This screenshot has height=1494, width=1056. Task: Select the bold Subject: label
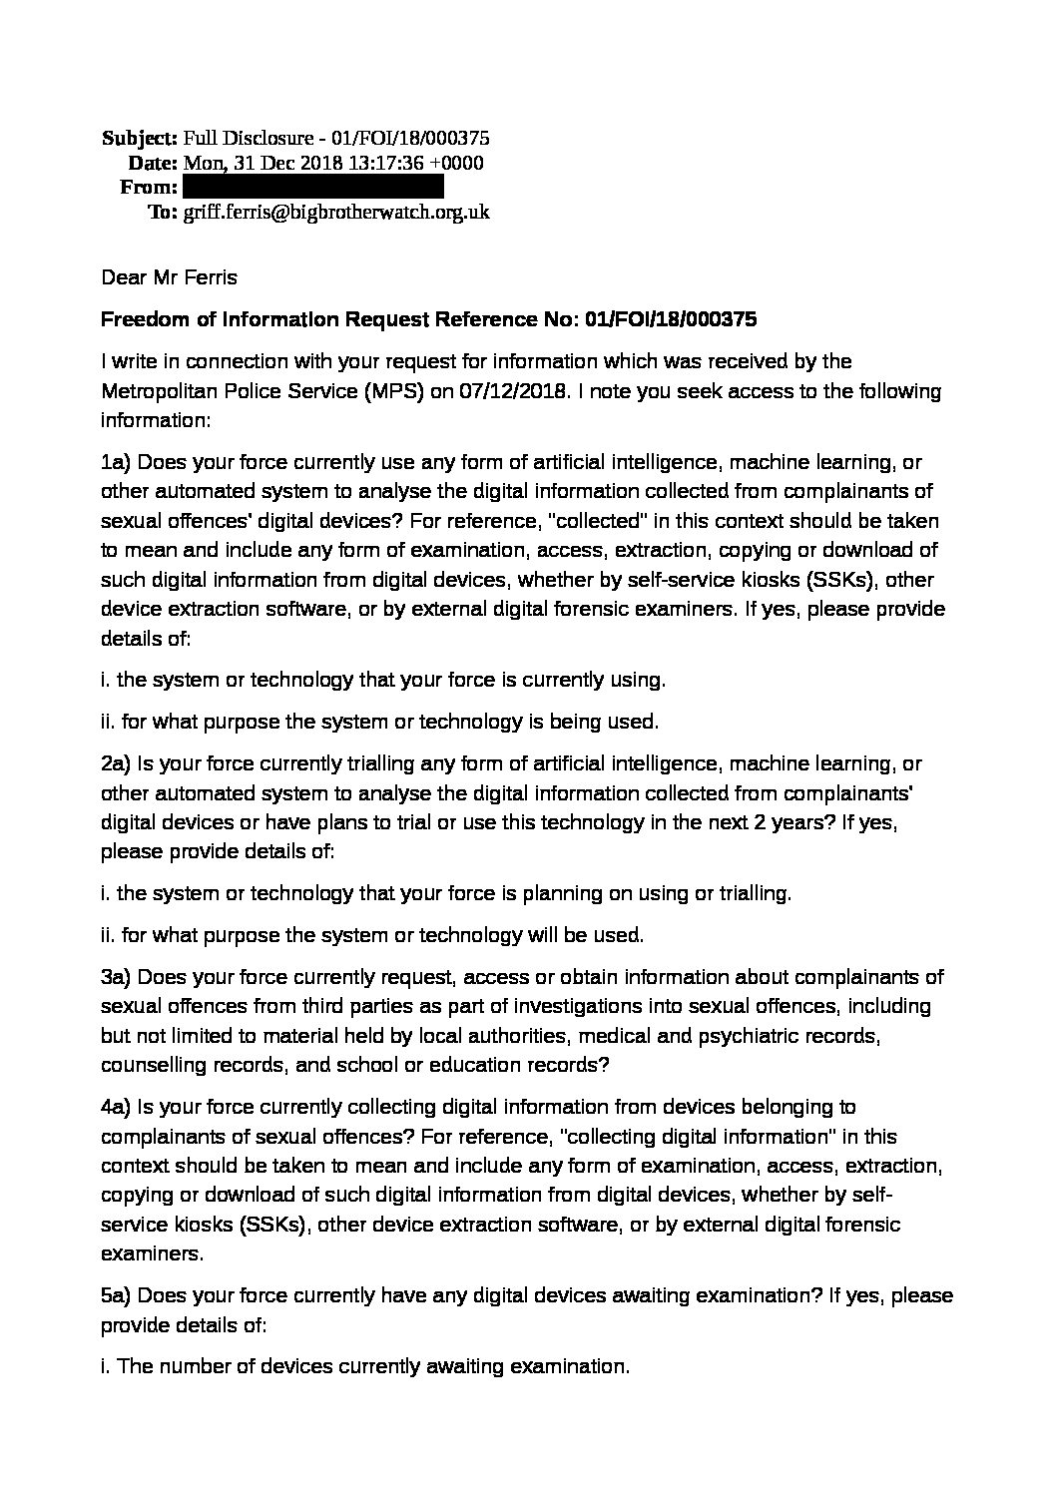coord(140,139)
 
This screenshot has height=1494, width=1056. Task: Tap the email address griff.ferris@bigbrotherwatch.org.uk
coord(336,212)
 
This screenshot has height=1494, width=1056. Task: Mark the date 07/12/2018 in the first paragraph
coord(516,390)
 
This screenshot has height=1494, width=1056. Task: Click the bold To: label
coord(163,212)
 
